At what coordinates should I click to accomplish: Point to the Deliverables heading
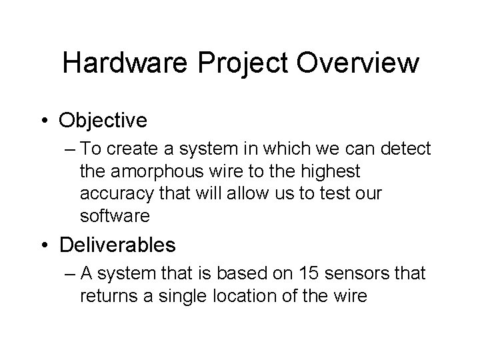(117, 245)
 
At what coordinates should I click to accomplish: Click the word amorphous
(159, 172)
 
